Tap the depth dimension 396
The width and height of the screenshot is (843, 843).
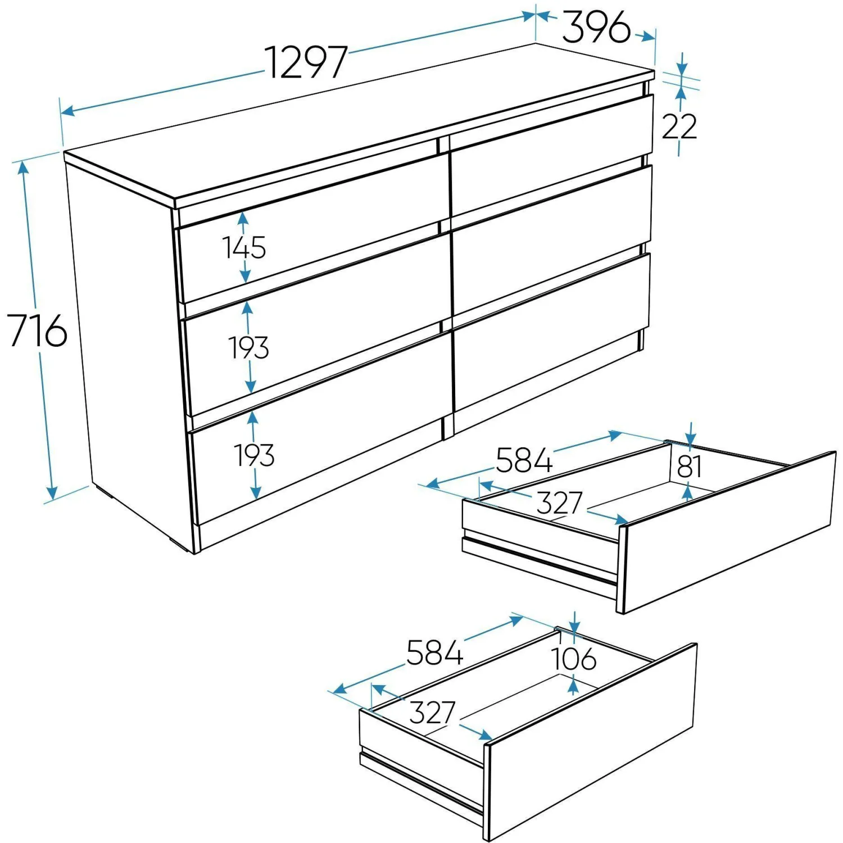click(597, 27)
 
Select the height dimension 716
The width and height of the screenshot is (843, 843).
click(37, 330)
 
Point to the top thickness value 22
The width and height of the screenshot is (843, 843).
click(679, 126)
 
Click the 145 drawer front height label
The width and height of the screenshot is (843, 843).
click(244, 247)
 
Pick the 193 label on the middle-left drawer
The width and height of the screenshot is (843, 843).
click(249, 347)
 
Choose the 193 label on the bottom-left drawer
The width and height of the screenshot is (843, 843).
click(255, 455)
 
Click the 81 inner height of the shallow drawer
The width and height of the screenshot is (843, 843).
click(690, 466)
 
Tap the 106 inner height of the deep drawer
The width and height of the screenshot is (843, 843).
click(573, 659)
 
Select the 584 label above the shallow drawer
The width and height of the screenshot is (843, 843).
click(524, 460)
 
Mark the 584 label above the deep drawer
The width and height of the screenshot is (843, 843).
click(434, 652)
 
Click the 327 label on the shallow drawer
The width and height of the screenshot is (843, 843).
click(559, 502)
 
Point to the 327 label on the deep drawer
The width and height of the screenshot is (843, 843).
click(432, 713)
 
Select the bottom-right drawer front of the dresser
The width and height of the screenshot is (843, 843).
click(552, 332)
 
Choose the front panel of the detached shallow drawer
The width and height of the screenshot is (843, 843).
click(727, 532)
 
